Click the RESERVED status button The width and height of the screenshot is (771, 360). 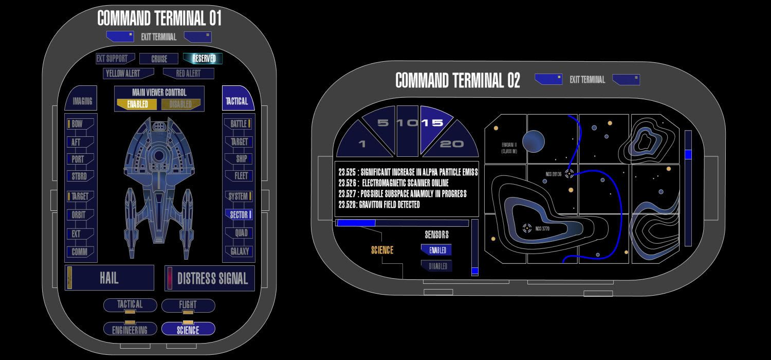point(203,59)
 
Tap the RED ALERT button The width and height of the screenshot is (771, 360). point(188,74)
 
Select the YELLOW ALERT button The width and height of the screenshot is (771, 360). point(122,74)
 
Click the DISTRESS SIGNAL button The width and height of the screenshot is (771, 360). point(212,278)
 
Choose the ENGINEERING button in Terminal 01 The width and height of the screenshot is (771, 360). point(130,329)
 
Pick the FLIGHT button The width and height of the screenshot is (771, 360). point(188,305)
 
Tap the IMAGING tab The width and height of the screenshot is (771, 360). point(82,101)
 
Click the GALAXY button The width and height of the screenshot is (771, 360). point(239,251)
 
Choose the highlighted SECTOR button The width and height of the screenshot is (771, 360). point(239,215)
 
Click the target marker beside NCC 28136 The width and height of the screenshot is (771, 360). point(569,174)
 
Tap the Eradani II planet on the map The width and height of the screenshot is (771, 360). point(533,141)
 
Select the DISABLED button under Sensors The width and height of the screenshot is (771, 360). point(437,266)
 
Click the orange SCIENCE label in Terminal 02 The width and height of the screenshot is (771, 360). point(382,250)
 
